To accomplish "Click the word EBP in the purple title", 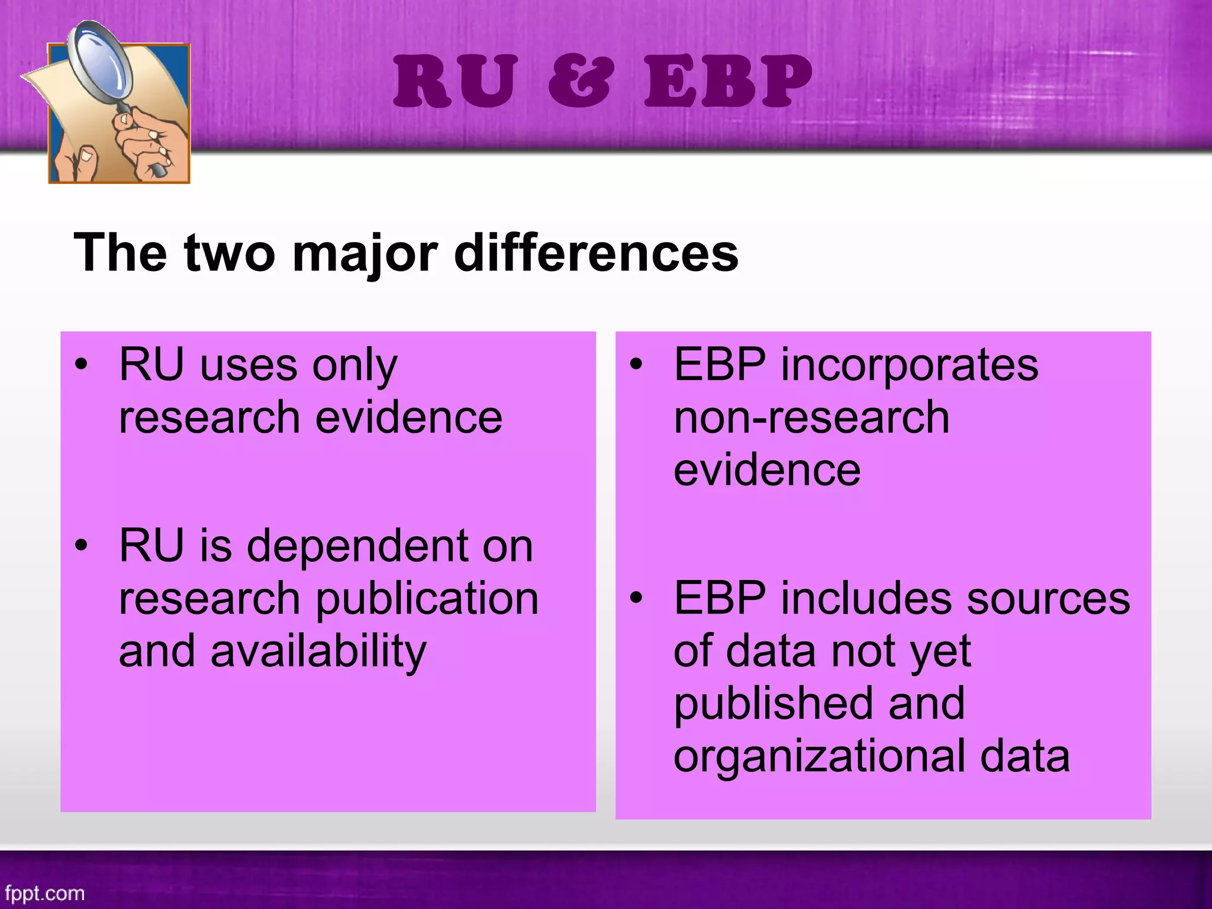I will click(728, 81).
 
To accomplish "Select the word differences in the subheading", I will click(596, 253).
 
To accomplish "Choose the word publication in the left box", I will click(427, 599).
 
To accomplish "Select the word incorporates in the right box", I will click(909, 365).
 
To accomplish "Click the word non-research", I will click(811, 417).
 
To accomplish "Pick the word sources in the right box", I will click(1048, 598).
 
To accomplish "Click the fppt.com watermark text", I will click(45, 893).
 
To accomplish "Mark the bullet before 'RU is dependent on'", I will click(82, 544).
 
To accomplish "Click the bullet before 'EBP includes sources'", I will click(636, 598).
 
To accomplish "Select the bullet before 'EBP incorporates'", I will click(636, 365).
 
